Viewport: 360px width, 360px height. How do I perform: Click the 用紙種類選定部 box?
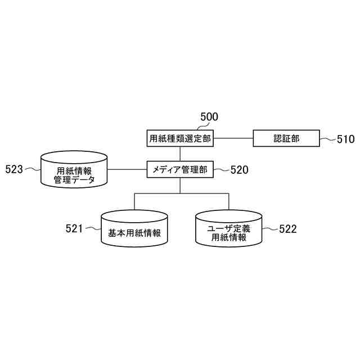pos(180,138)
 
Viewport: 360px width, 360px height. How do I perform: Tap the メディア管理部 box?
pos(180,169)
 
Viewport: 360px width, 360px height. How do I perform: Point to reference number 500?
pos(209,117)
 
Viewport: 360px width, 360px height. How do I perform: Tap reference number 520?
pos(239,169)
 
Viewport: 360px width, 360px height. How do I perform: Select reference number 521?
pos(74,228)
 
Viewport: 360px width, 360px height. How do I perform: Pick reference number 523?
pos(14,169)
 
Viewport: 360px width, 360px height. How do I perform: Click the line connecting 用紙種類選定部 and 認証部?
pos(233,138)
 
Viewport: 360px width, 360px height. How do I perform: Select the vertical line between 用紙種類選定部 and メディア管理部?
pos(180,154)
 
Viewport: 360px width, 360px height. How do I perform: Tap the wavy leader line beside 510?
pos(327,138)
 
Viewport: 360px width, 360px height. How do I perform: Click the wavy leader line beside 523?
pos(33,169)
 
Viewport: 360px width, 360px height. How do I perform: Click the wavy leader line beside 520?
pos(222,169)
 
